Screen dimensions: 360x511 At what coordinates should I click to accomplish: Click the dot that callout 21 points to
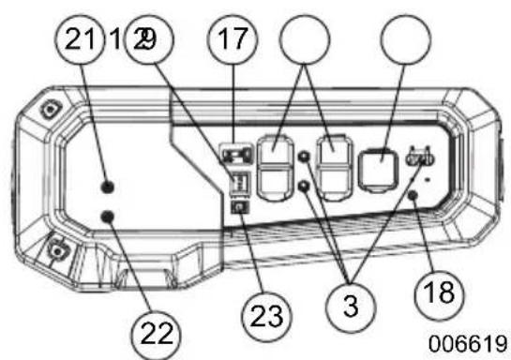point(110,185)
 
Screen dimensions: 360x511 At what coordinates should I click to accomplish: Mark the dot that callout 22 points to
point(110,217)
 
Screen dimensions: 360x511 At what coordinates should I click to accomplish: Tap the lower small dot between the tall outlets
point(304,186)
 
